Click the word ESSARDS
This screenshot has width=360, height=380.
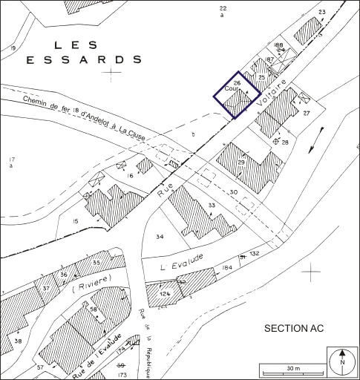[85, 59]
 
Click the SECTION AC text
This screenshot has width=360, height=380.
[295, 327]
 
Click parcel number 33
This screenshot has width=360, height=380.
[211, 204]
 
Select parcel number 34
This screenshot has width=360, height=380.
[159, 237]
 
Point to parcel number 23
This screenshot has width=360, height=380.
[321, 12]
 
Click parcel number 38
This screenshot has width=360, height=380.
[18, 341]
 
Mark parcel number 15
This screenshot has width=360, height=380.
[75, 221]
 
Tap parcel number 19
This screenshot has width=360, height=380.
[13, 48]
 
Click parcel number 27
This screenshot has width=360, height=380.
[306, 113]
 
